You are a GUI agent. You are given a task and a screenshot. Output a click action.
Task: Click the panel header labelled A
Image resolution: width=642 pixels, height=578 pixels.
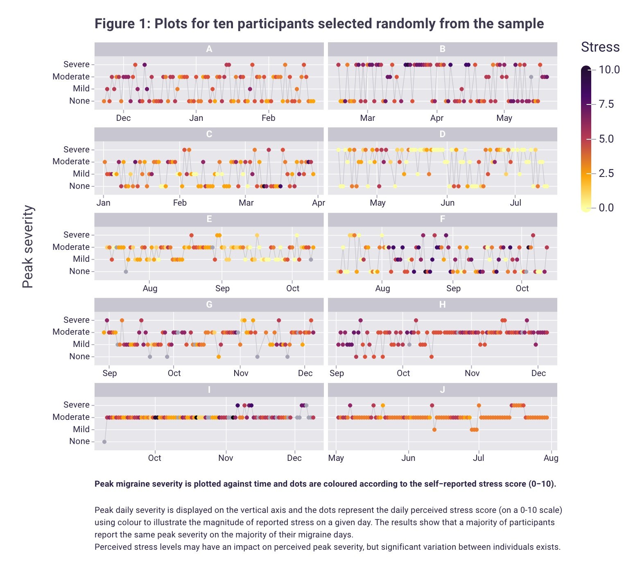209,49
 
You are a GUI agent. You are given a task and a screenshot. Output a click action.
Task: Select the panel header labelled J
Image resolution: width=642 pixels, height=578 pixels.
442,390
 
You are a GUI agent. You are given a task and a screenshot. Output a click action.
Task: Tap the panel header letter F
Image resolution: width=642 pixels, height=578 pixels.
442,219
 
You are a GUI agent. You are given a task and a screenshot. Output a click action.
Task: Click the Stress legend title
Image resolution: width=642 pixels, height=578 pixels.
600,47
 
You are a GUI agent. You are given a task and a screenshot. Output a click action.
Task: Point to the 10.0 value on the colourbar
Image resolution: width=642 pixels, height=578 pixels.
609,70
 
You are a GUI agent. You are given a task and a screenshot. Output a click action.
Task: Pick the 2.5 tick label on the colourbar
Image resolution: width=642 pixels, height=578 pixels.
606,173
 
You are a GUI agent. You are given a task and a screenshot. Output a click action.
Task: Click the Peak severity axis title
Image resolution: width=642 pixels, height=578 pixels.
28,247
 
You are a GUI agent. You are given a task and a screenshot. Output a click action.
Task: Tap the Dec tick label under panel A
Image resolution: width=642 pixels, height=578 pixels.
123,118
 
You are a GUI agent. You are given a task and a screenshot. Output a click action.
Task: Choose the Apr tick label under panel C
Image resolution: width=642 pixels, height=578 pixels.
318,203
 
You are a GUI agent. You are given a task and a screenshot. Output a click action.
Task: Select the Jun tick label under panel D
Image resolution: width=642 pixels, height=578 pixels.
448,203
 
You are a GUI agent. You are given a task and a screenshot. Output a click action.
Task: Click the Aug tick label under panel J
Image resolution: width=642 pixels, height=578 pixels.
551,458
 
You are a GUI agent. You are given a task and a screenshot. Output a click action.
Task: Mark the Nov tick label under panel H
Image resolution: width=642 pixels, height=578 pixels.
472,373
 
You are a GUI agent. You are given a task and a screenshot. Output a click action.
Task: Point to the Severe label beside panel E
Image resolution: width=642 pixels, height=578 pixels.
77,235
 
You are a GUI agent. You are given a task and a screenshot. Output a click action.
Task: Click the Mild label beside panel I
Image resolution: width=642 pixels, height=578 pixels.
81,429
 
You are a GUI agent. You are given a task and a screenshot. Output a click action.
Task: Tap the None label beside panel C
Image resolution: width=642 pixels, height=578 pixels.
79,186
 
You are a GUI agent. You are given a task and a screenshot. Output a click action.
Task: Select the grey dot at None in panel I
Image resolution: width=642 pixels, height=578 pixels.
104,442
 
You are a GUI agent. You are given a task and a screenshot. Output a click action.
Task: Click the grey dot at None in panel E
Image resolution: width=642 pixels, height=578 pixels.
126,272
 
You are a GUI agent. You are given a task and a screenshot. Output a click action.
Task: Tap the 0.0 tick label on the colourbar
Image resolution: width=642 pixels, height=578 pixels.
606,208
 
